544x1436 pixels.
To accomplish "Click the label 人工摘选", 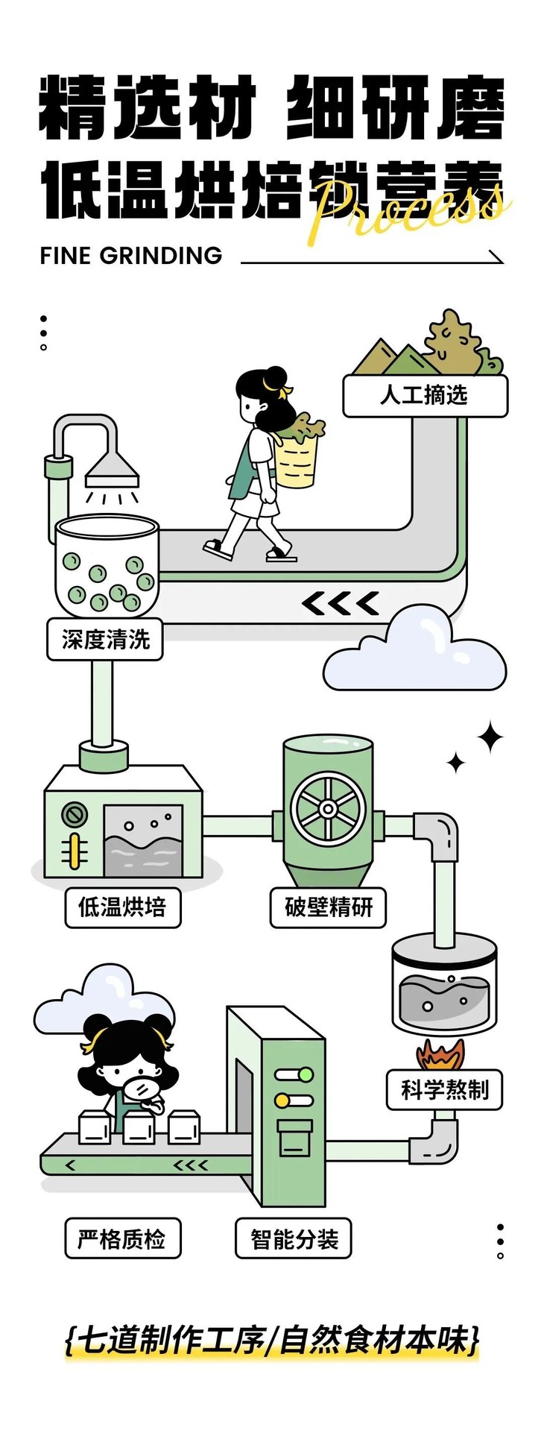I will (x=425, y=394).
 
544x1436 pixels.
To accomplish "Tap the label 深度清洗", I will (x=105, y=639).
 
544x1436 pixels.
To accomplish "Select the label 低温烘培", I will (x=122, y=907).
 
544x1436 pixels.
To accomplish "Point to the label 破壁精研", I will (x=328, y=907).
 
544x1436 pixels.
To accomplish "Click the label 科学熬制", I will (x=444, y=1090).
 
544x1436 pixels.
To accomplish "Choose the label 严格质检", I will (x=122, y=1238).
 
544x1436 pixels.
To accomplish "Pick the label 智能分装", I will (x=294, y=1238).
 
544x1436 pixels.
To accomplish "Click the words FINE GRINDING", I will (x=131, y=256).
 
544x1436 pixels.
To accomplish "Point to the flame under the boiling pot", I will (x=441, y=1054).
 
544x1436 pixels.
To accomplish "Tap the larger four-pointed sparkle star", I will (x=490, y=738).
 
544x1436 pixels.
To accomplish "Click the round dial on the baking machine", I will (x=74, y=815).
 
